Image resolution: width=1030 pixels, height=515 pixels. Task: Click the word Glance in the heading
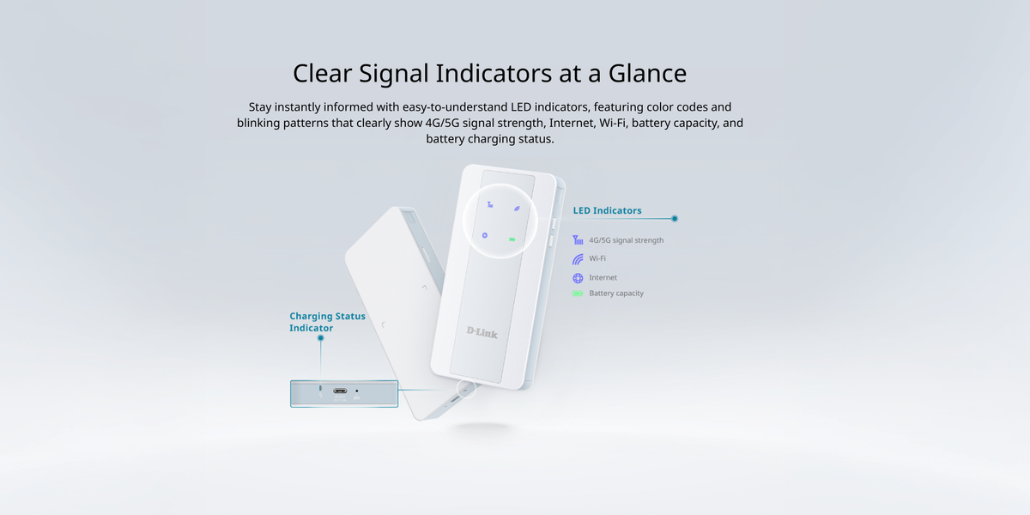click(647, 73)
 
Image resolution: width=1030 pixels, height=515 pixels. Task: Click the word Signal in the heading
click(394, 74)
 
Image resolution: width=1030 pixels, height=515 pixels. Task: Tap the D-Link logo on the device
click(482, 332)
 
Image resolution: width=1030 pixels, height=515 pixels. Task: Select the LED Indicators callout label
click(607, 210)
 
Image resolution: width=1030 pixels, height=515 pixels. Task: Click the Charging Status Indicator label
click(327, 322)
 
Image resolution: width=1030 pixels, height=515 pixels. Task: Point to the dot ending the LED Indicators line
click(675, 218)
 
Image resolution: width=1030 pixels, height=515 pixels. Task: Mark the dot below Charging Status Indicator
click(320, 338)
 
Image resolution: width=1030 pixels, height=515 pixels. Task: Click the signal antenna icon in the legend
click(578, 240)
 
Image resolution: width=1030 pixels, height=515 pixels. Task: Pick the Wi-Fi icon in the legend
click(578, 259)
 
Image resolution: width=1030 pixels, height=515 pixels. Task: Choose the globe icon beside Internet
click(578, 278)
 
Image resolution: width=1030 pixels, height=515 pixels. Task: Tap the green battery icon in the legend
click(578, 294)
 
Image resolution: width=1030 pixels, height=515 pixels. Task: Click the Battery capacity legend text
click(616, 294)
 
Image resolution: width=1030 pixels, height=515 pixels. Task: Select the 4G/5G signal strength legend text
click(627, 240)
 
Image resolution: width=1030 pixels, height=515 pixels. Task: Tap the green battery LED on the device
click(512, 239)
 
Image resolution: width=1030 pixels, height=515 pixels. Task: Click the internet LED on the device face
click(485, 235)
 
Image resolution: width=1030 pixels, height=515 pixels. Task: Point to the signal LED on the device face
click(490, 204)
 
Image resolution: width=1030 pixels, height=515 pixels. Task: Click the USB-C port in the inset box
click(340, 391)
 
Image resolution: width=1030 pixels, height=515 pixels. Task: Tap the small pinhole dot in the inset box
click(357, 391)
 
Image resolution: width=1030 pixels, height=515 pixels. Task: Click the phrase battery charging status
click(490, 139)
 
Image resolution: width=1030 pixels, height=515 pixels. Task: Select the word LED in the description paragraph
click(521, 107)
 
